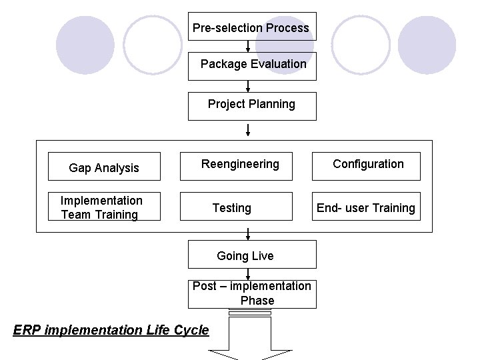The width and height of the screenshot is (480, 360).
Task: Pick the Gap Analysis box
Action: pos(104,167)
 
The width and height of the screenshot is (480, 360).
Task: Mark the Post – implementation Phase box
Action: pos(252,293)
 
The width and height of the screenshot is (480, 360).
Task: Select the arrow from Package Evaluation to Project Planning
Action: pos(249,86)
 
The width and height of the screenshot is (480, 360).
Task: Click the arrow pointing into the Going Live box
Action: pos(249,235)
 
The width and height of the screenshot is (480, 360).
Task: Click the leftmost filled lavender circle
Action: pos(85,45)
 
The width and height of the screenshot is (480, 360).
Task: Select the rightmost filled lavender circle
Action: pos(427,45)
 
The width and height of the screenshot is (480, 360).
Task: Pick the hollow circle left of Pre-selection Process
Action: pos(153,45)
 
